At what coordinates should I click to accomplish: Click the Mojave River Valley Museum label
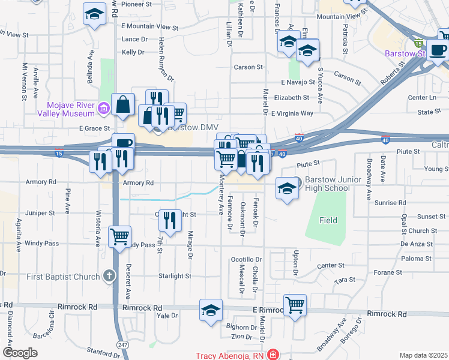coord(66,107)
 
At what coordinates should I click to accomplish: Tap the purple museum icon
coord(103,108)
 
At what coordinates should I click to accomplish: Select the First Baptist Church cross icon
coord(109,276)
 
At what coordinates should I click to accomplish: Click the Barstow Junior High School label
coord(327,184)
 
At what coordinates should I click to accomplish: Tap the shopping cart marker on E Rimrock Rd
coord(295,305)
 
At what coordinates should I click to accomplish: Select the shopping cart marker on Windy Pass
coord(120,236)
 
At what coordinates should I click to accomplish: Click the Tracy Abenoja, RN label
coord(231,355)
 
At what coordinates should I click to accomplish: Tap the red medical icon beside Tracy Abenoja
coord(274,355)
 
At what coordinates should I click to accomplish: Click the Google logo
coord(20,353)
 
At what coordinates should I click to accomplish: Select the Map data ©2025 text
coord(423,355)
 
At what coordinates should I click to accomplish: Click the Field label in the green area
coord(328,220)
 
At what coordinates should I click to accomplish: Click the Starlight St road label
coord(174,276)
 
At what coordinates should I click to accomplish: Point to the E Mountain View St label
coord(150,27)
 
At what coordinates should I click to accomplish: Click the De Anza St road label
coord(417,245)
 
